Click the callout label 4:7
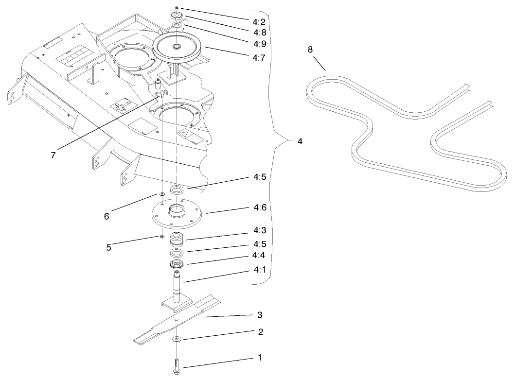click(259, 58)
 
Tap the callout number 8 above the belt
click(310, 50)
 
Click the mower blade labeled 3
click(177, 319)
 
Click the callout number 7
click(53, 155)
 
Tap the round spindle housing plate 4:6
click(177, 214)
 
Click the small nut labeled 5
click(161, 237)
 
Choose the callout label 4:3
click(260, 230)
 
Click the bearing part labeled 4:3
click(177, 239)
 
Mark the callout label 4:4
click(259, 255)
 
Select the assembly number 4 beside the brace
click(300, 141)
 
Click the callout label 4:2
click(259, 22)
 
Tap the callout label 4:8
click(260, 33)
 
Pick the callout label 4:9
click(260, 44)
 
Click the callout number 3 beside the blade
click(260, 315)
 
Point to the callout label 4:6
click(260, 207)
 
